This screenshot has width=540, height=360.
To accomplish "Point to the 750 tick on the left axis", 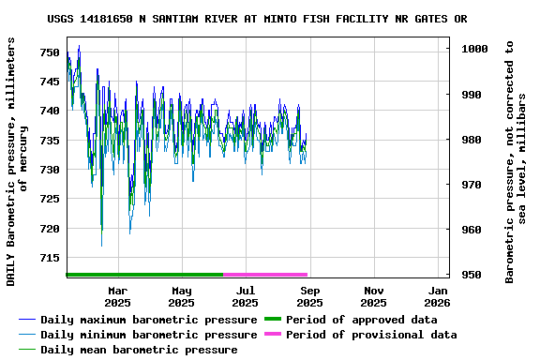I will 49,52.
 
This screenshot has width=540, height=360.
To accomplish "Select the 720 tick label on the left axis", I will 49,229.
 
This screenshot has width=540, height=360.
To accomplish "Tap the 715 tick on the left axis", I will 49,258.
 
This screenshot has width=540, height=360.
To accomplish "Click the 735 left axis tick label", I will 49,141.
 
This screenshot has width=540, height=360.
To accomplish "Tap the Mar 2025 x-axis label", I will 117,296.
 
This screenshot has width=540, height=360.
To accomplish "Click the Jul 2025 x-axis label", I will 245,296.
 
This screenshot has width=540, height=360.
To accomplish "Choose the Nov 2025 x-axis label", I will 373,296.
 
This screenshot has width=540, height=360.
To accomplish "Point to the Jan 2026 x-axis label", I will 437,296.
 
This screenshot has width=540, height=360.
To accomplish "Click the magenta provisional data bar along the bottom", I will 265,275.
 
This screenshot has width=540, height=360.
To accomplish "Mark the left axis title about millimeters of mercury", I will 18,161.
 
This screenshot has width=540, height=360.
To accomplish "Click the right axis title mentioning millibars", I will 516,161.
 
